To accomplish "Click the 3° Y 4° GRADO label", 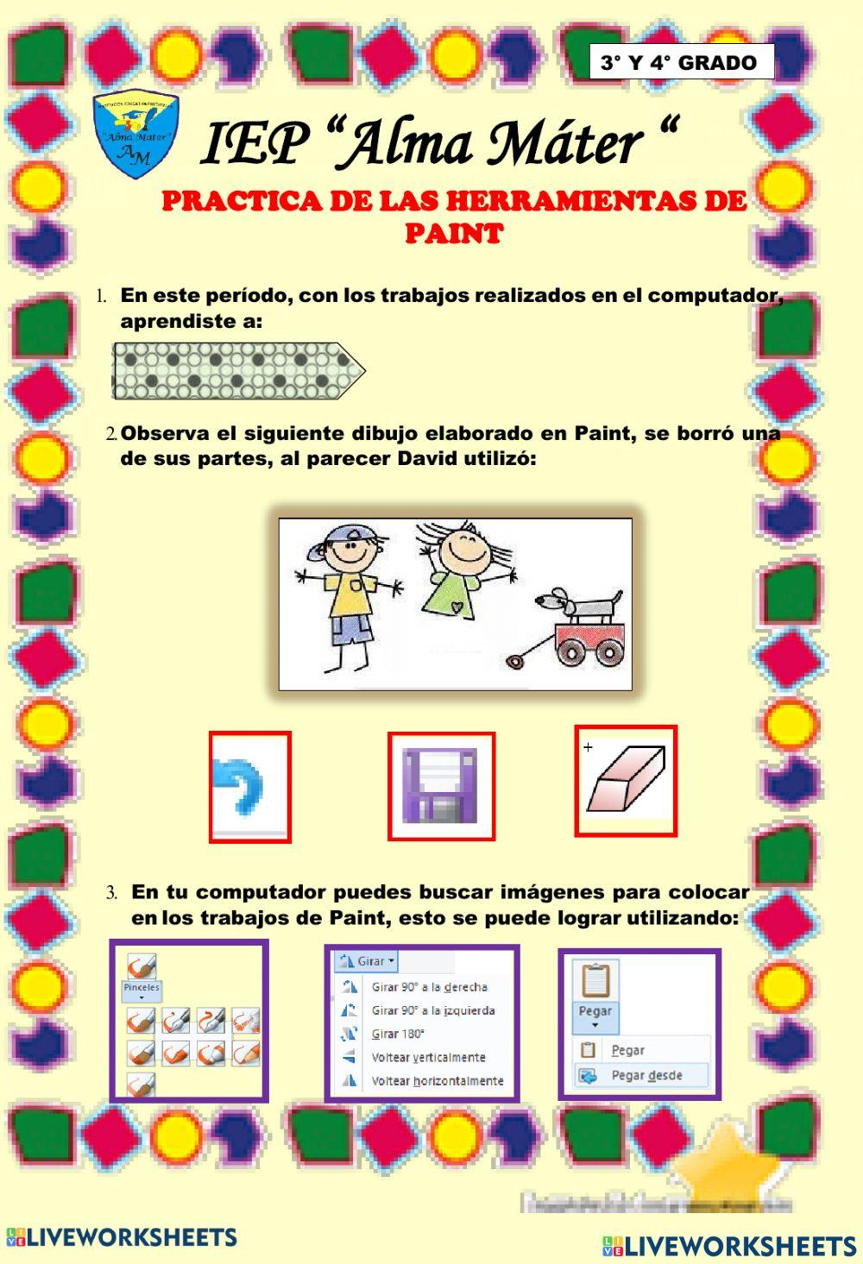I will (678, 63).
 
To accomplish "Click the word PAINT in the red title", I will (454, 234).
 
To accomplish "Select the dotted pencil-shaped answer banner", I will (238, 371).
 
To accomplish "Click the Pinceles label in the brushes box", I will (142, 988).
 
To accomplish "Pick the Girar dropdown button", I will (367, 961).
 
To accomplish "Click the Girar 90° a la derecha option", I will (429, 987).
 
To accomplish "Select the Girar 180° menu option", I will (398, 1034).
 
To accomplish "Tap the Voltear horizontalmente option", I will (437, 1080).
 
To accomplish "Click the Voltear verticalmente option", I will (428, 1057).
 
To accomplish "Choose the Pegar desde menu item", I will (646, 1076).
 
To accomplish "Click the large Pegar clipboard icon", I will (595, 981).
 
